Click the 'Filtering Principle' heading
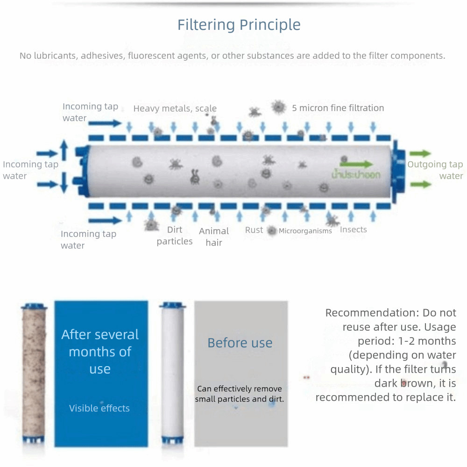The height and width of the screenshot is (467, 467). coord(239,25)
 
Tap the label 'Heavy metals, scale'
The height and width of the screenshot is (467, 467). coord(175,108)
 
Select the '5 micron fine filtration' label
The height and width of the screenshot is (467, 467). coord(338,108)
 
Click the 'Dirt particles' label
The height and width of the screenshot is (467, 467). coord(175,235)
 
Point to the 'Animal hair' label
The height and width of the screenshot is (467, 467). coord(214,237)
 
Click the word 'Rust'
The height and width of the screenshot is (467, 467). coord(254,230)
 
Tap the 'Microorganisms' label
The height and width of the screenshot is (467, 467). coord(305,231)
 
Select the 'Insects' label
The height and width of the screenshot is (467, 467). coord(353,229)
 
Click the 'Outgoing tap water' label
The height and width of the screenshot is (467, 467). coord(435,170)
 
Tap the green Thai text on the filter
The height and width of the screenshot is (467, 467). coord(355,175)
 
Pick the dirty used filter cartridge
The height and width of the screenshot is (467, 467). coord(34,374)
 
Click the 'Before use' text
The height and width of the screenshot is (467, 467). coord(240,343)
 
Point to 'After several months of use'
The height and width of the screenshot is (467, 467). coord(100,351)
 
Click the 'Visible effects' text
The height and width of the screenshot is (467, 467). coord(99,408)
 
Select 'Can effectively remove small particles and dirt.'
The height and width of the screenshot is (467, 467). coord(239,394)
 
